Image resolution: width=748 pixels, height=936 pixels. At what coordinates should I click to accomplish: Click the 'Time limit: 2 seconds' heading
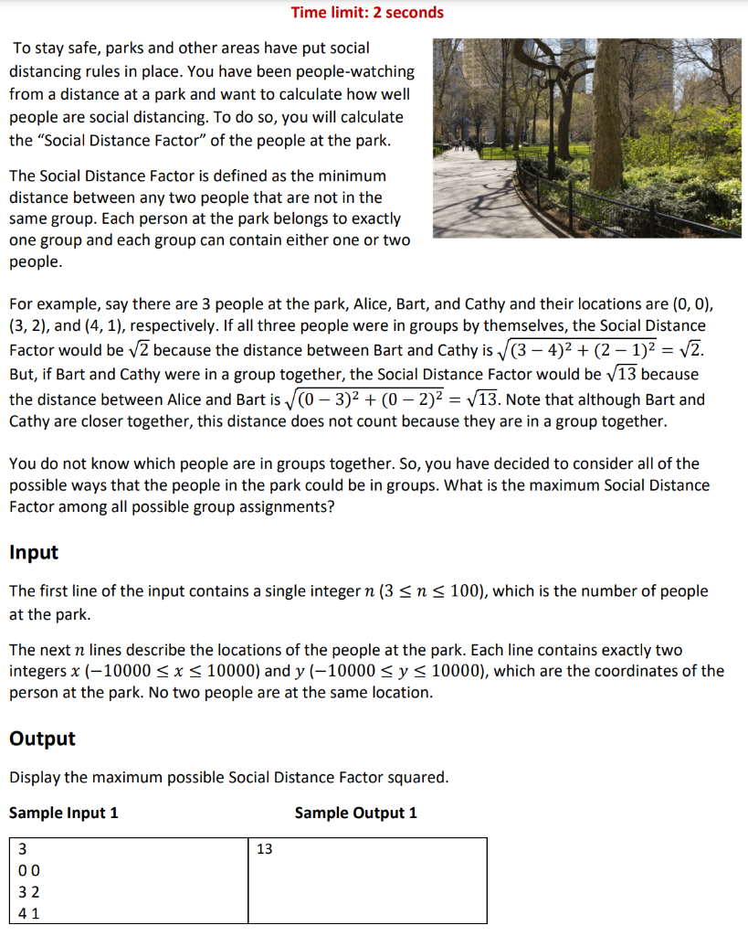pyautogui.click(x=367, y=13)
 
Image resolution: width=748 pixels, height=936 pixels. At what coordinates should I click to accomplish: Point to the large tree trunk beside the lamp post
pyautogui.click(x=579, y=110)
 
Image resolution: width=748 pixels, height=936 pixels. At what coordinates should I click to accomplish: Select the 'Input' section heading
pyautogui.click(x=34, y=552)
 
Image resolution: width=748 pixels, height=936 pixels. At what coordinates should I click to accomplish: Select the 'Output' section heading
pyautogui.click(x=42, y=739)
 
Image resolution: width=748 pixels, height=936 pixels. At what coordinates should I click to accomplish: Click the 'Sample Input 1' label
pyautogui.click(x=63, y=813)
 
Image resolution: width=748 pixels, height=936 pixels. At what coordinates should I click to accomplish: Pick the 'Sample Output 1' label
pyautogui.click(x=355, y=813)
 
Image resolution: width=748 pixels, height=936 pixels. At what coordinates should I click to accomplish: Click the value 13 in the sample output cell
pyautogui.click(x=265, y=849)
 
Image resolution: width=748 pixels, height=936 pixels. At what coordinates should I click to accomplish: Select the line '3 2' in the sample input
pyautogui.click(x=28, y=891)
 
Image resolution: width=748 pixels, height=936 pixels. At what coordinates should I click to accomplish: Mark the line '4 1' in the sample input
pyautogui.click(x=28, y=912)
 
